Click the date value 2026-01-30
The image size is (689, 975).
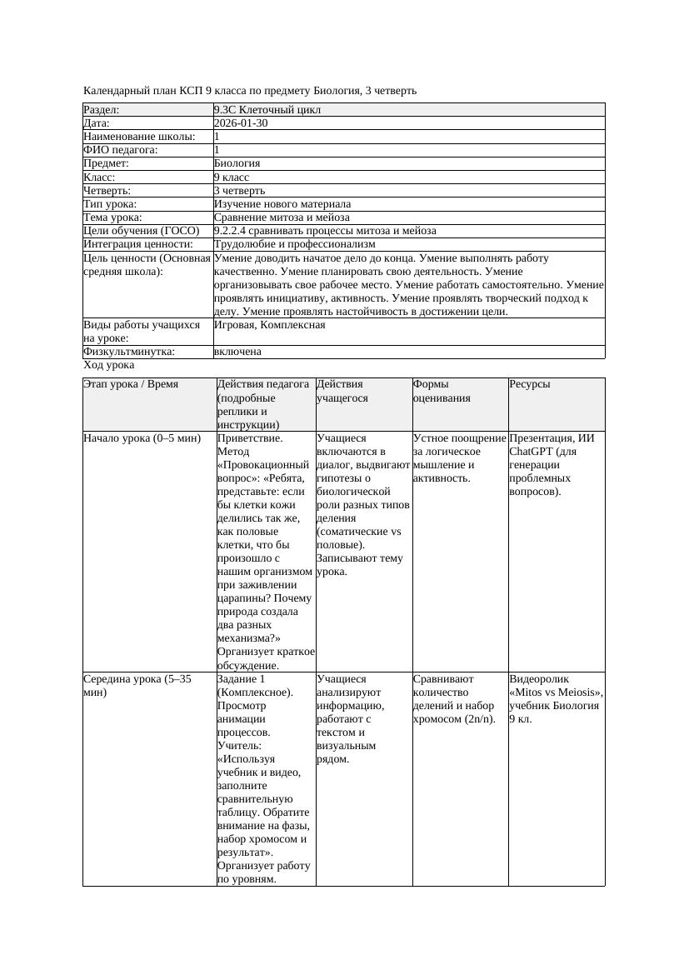241,123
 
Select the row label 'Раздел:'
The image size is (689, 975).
102,110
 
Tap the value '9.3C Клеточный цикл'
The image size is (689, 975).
267,110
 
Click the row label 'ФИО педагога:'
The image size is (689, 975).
121,150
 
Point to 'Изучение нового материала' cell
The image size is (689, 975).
282,204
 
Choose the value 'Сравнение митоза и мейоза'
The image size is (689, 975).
282,217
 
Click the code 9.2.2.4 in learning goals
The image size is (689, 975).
234,231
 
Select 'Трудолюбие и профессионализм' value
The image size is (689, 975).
294,244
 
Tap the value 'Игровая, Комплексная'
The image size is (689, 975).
269,325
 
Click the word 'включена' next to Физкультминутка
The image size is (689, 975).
237,352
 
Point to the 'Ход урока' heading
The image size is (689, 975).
108,365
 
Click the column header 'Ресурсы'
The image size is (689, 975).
530,384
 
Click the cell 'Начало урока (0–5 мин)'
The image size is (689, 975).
142,437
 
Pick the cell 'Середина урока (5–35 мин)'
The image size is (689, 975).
137,685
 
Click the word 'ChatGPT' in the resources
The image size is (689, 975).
530,451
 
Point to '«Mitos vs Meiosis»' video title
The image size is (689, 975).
556,692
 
